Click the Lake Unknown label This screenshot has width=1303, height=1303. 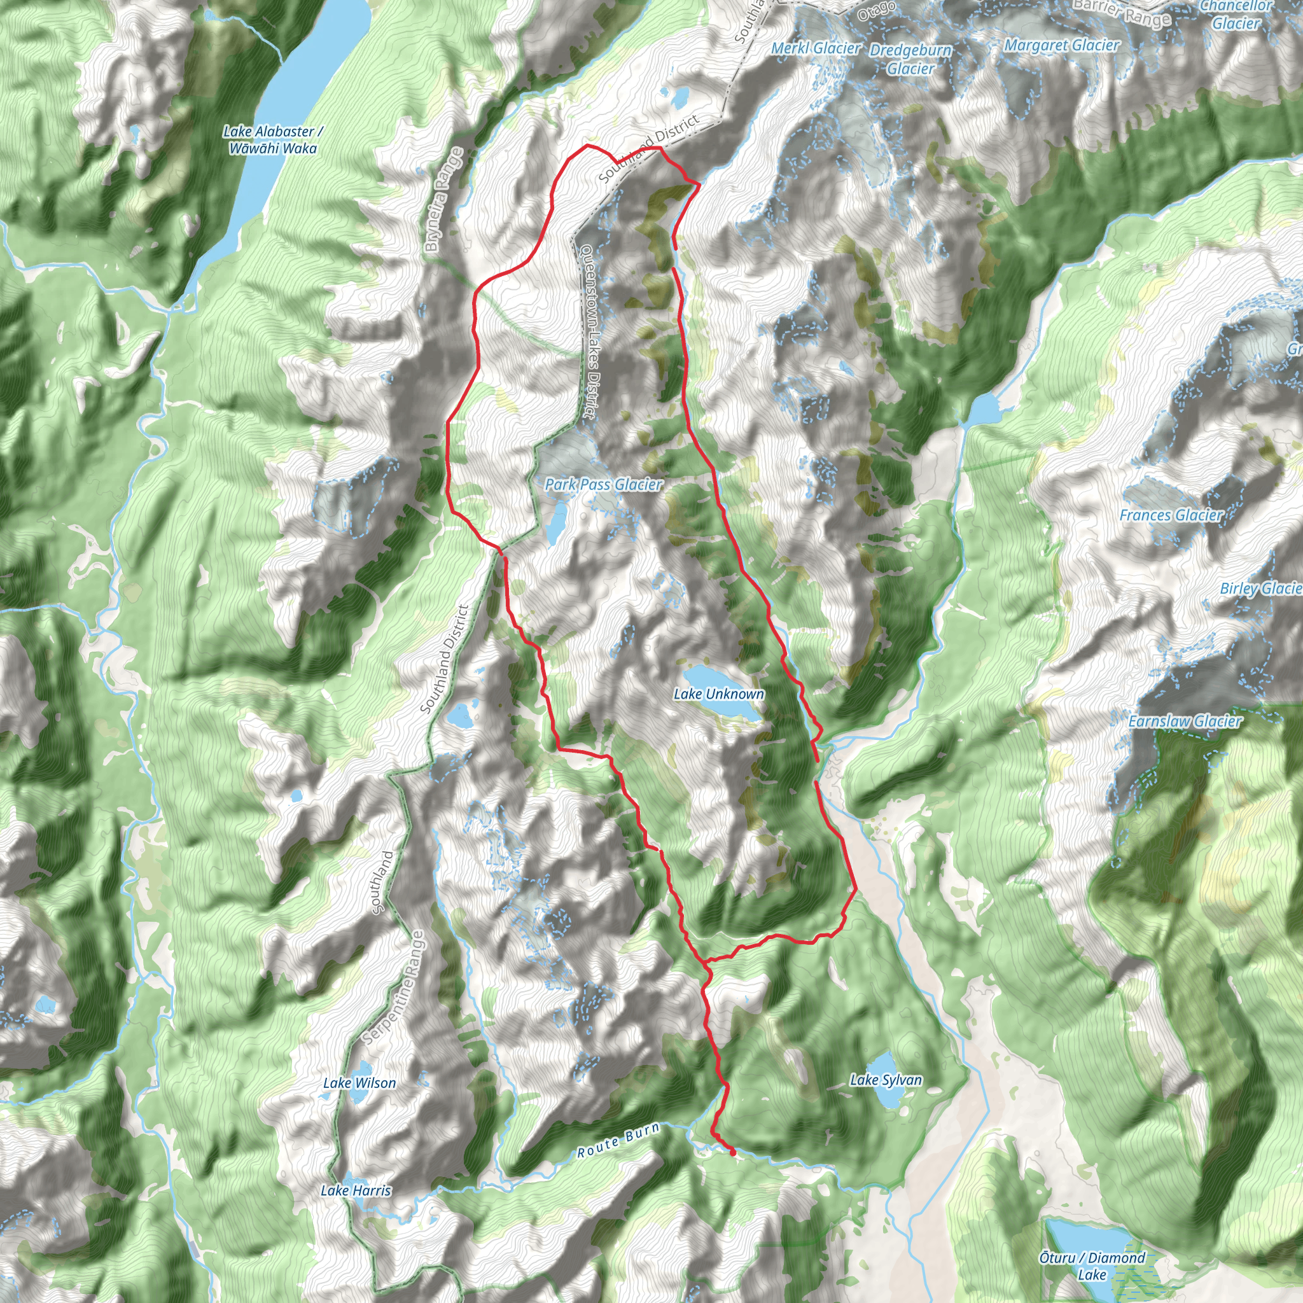[719, 694]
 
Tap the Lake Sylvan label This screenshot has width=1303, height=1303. [886, 1080]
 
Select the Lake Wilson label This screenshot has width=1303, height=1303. [359, 1082]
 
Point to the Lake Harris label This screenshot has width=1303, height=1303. [356, 1190]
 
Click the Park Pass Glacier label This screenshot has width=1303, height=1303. [604, 484]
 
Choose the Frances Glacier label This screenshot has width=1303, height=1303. [1171, 515]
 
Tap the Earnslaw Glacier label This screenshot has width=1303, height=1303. [1185, 721]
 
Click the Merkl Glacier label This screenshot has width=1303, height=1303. [816, 48]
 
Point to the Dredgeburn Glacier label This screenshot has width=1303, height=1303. [910, 59]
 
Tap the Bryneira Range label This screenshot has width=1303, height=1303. [445, 200]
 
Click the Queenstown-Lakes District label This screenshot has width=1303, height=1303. [587, 330]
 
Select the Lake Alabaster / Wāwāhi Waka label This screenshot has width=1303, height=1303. [272, 139]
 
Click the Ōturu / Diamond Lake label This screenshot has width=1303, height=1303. [1092, 1266]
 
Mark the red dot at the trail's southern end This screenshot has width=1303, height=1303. [733, 1153]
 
